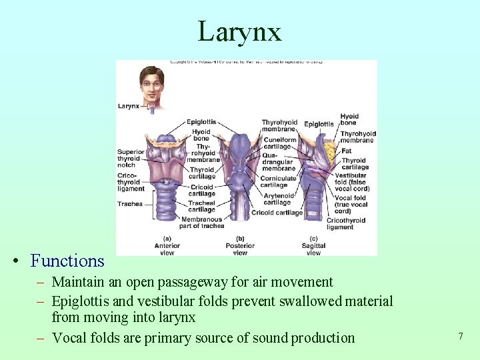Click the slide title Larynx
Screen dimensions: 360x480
(x=239, y=31)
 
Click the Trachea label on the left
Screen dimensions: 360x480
(x=129, y=204)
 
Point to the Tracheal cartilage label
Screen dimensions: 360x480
(x=201, y=206)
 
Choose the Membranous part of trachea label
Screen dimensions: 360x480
(x=202, y=223)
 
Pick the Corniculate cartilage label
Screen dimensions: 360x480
(x=278, y=182)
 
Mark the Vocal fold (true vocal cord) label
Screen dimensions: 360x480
(x=350, y=204)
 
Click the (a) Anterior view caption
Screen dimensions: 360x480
(x=167, y=246)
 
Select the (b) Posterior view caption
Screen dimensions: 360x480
(x=240, y=246)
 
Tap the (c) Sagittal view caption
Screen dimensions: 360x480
(x=313, y=246)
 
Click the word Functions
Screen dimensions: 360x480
(x=67, y=261)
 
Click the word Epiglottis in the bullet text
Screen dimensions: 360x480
(x=83, y=302)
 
